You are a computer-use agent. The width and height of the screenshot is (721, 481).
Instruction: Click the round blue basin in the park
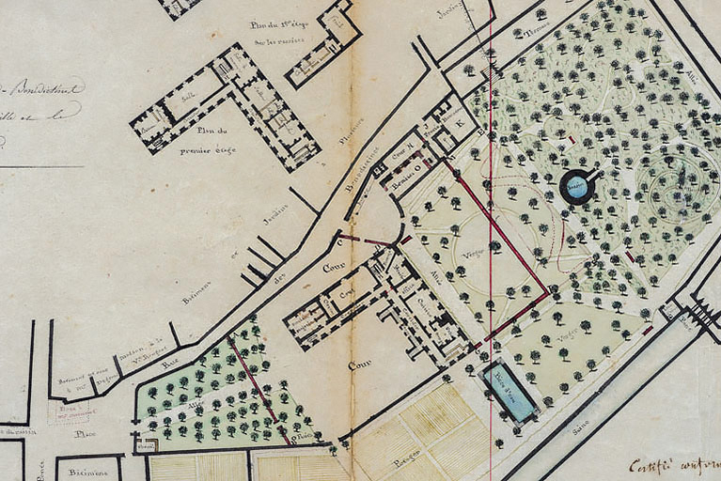pyautogui.click(x=577, y=187)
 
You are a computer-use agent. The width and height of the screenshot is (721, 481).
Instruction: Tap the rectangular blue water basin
pyautogui.click(x=509, y=390)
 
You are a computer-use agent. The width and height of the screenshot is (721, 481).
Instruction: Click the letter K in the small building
pyautogui.click(x=460, y=124)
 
